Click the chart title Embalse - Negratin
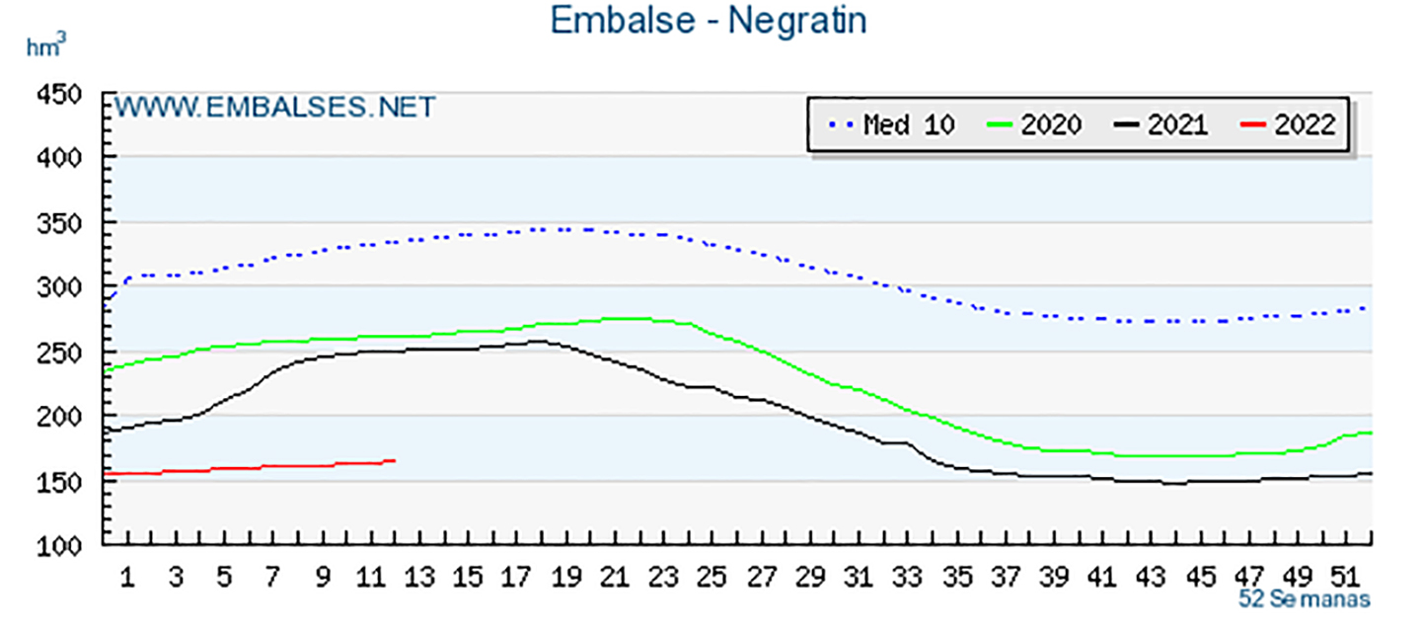709,21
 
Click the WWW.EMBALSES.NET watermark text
275,107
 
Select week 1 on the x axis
127,578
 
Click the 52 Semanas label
1305,599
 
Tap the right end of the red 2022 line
394,460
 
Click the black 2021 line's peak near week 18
538,342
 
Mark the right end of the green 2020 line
1371,433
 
